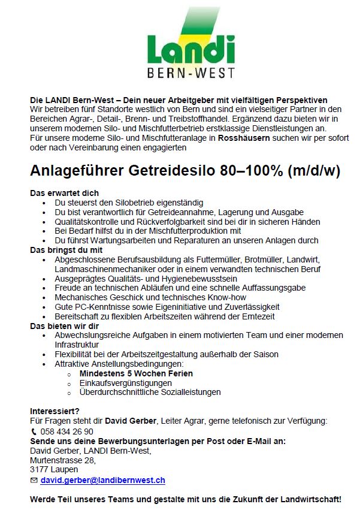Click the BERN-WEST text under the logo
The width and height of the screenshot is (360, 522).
pyautogui.click(x=191, y=74)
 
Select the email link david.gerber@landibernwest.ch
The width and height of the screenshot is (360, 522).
pyautogui.click(x=102, y=481)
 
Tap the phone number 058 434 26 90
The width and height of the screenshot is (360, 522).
pyautogui.click(x=66, y=432)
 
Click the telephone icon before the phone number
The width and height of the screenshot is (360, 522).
pyautogui.click(x=34, y=432)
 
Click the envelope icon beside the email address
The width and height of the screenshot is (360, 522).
pyautogui.click(x=34, y=481)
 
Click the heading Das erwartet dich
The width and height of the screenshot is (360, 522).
pyautogui.click(x=65, y=194)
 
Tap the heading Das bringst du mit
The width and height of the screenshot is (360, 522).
pyautogui.click(x=66, y=249)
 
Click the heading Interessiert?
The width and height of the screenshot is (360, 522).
pyautogui.click(x=55, y=411)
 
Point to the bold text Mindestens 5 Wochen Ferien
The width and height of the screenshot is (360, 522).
pyautogui.click(x=136, y=373)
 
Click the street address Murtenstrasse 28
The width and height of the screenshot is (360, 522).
pyautogui.click(x=63, y=460)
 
